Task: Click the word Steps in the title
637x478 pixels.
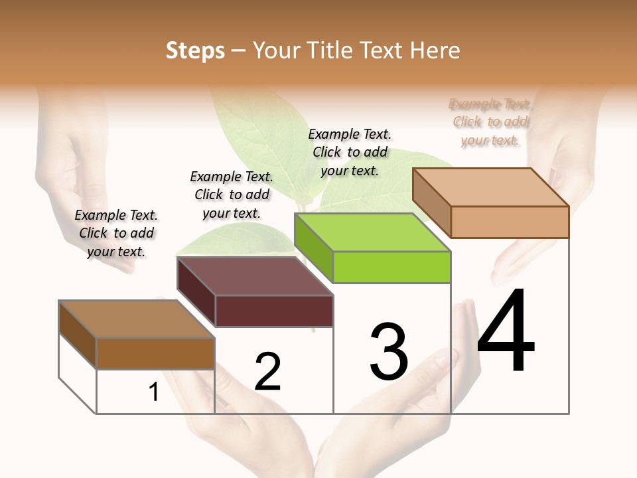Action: point(195,50)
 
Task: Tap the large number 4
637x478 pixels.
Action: point(506,332)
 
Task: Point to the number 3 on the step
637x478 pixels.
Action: point(389,352)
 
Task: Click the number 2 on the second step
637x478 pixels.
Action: point(268,372)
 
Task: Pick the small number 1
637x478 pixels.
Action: point(154,392)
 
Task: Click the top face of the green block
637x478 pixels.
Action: point(372,232)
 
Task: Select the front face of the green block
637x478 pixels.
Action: point(391,268)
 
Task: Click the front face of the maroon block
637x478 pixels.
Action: point(274,311)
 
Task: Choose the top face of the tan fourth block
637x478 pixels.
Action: point(491,187)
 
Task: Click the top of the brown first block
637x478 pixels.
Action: point(137,319)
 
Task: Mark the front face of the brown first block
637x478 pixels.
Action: point(155,354)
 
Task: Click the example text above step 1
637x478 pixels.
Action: point(116,233)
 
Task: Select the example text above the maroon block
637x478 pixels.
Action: point(232,195)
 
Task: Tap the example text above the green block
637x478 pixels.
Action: point(350,152)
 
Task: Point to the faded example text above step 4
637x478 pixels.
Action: point(490,122)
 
